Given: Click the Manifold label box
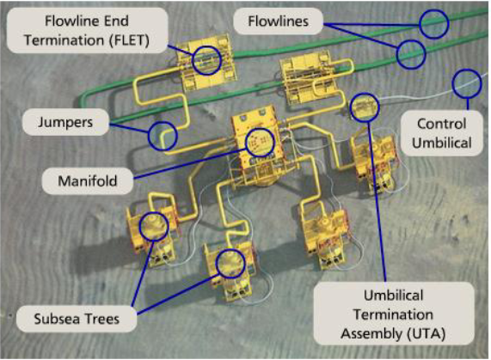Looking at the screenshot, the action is pos(88,180).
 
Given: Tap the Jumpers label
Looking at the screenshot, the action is pos(65,122).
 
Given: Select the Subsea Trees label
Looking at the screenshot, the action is pos(77,319).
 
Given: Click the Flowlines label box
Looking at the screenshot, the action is pos(278,21).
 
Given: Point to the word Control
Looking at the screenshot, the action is pos(441,124).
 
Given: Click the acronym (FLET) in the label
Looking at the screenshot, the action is pos(129,40).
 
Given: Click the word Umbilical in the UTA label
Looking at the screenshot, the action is pos(393,296).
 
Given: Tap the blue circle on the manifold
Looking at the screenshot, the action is pos(260,142).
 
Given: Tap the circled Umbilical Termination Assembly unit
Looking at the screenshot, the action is pos(365,107).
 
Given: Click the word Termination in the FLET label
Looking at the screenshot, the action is pos(64,40).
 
